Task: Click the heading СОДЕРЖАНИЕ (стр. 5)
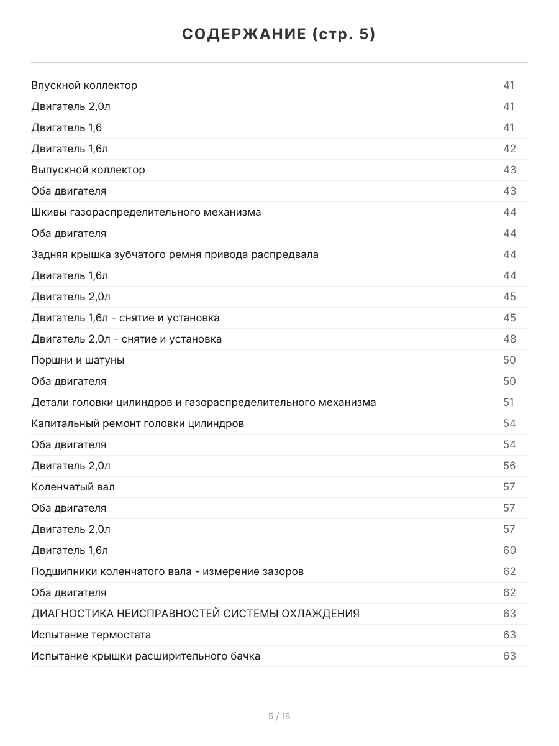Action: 279,35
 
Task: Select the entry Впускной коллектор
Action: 84,86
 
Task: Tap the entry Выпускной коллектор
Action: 88,170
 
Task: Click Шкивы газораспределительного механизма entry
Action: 146,213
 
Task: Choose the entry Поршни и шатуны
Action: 78,361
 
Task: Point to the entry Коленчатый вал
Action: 73,487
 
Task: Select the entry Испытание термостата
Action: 91,635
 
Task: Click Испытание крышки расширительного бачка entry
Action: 146,656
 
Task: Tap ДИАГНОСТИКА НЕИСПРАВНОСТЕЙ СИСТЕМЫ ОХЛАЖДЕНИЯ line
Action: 195,614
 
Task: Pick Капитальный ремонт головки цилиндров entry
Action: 137,424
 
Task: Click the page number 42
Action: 509,149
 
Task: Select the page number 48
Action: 509,339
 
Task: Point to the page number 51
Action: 509,403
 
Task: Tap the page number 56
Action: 509,466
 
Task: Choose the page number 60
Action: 509,551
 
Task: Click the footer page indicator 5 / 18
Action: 279,716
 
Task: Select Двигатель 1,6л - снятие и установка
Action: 125,318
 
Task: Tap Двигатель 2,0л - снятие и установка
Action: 127,339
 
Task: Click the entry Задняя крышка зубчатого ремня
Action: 175,255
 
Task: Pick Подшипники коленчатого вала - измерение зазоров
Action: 168,572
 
